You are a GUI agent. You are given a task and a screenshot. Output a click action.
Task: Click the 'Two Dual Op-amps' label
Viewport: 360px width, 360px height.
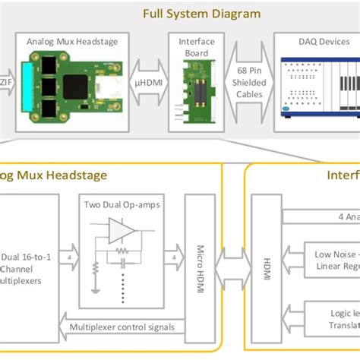tap(117, 206)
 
